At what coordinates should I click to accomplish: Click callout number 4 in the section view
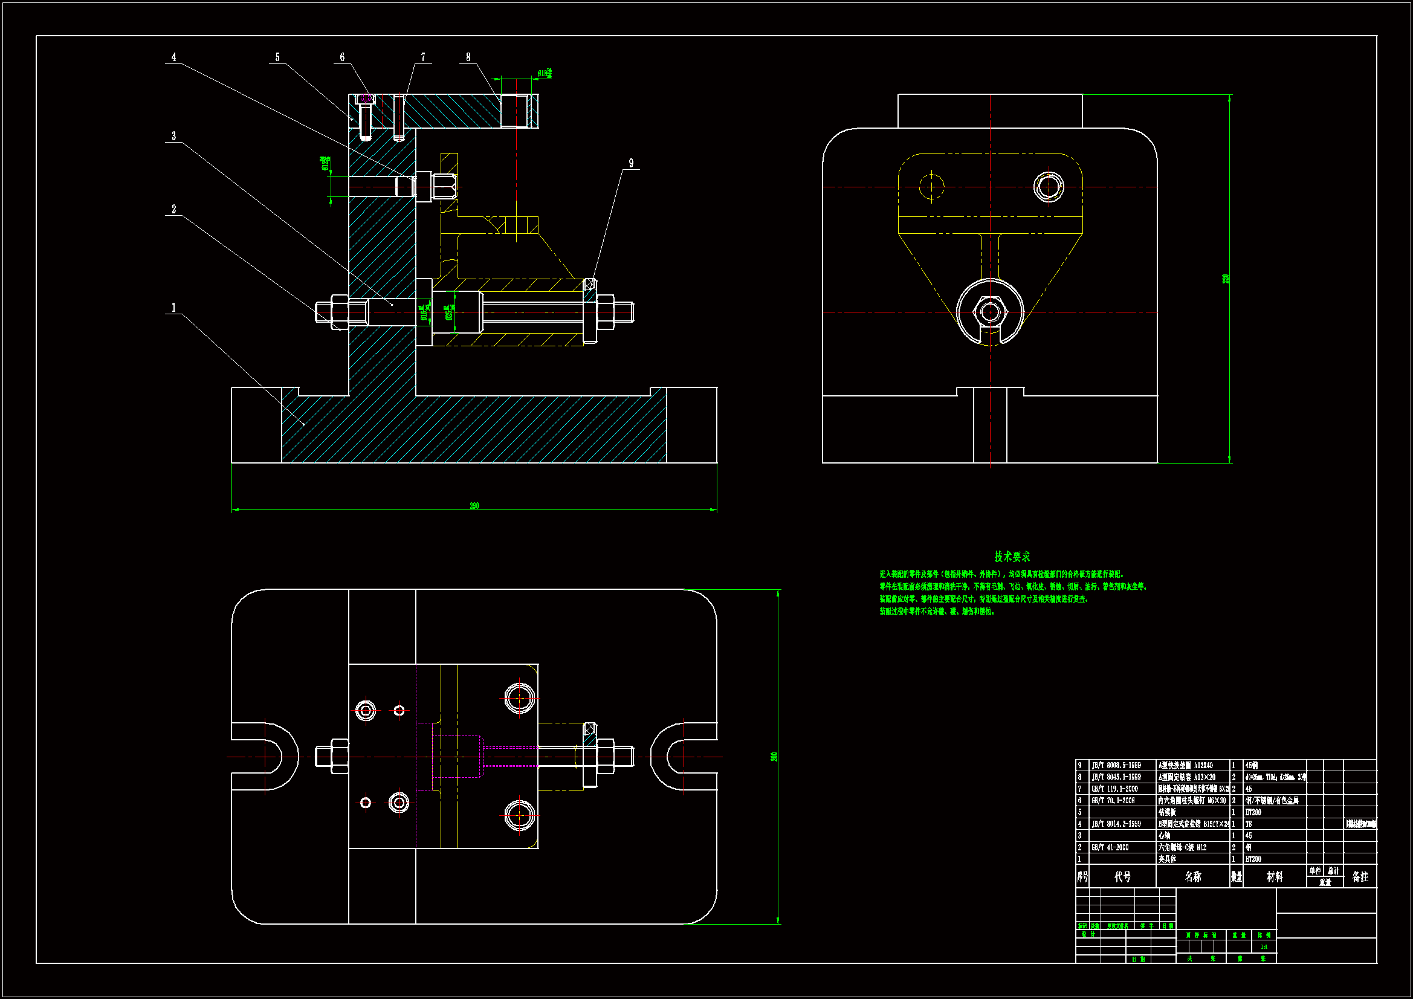point(173,57)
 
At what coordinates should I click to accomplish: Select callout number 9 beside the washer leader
point(631,163)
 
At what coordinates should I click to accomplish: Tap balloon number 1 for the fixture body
point(173,308)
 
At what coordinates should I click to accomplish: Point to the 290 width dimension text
point(474,506)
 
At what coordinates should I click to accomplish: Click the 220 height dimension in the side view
point(1226,279)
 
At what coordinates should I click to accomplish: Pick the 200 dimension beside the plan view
point(774,757)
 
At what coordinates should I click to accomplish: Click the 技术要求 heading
point(1012,557)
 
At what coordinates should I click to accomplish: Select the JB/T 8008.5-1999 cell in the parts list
point(1116,766)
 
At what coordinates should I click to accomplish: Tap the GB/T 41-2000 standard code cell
point(1110,847)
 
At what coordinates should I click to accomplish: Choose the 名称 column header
point(1192,876)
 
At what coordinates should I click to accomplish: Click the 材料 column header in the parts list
point(1275,876)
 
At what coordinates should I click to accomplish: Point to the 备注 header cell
point(1360,876)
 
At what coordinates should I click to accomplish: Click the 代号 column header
point(1122,876)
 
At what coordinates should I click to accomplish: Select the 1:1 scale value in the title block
point(1264,946)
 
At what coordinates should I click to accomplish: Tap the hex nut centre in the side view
point(989,312)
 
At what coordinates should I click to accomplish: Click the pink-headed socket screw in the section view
point(366,99)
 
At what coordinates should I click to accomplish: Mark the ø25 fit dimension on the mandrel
point(449,312)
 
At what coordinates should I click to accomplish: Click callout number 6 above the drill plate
point(342,57)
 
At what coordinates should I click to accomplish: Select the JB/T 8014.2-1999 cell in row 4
point(1116,824)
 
